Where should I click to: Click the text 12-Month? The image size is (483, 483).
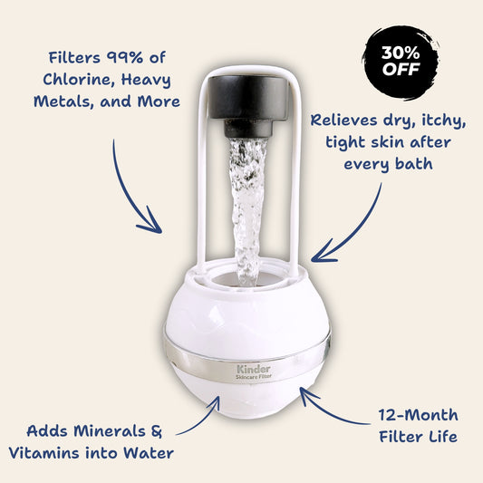(419, 416)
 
